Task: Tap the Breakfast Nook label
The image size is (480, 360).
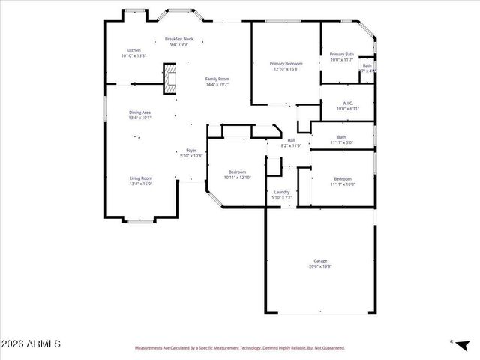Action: [x=179, y=39]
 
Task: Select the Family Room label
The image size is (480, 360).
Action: [x=217, y=79]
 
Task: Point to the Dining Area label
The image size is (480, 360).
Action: [x=140, y=112]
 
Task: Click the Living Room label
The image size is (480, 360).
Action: [x=141, y=178]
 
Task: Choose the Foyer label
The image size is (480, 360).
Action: [x=191, y=151]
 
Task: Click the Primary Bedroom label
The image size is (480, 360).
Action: [x=285, y=64]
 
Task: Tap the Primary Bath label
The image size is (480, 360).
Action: [x=342, y=54]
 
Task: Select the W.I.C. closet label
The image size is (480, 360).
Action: [x=347, y=103]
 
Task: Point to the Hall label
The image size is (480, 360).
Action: [x=291, y=141]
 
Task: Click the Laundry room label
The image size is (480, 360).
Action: [x=282, y=192]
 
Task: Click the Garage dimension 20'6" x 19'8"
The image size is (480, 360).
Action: [x=320, y=266]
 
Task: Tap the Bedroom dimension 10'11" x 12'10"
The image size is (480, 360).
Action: [x=237, y=178]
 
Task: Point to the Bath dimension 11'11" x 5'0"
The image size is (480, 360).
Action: [x=342, y=142]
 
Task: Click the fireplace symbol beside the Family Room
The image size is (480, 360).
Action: [x=171, y=78]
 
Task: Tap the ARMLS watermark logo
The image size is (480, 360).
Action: [x=31, y=344]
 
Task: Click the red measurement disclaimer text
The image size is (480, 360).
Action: [x=239, y=348]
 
